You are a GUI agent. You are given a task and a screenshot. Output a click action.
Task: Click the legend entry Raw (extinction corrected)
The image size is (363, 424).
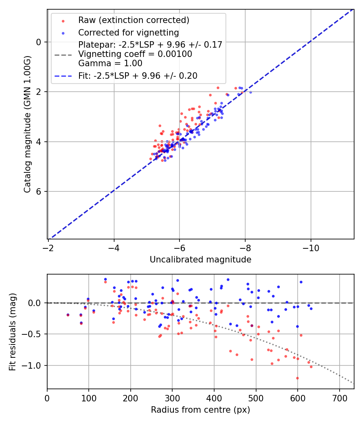(x=134, y=20)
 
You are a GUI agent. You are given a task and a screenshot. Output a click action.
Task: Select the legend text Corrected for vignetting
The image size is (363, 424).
(x=128, y=32)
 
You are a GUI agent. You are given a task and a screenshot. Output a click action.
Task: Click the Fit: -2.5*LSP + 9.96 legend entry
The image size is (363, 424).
(x=138, y=76)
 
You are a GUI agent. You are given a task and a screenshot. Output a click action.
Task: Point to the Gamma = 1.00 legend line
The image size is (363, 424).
(x=110, y=63)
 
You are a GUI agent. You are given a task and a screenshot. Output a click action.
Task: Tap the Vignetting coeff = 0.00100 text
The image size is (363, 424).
(x=135, y=54)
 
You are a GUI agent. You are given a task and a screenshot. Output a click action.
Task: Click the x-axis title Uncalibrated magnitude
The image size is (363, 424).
(x=200, y=260)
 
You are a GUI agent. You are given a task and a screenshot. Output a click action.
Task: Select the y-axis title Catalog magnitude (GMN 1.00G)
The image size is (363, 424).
(x=27, y=124)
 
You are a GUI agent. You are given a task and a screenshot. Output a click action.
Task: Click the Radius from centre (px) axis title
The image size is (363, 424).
(x=200, y=410)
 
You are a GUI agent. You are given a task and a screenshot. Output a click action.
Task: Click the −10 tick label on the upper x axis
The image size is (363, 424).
(x=311, y=248)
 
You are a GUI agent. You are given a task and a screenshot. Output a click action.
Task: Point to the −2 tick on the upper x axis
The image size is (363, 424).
(x=48, y=248)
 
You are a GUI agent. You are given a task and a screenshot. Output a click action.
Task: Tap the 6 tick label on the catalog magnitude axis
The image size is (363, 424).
(x=39, y=191)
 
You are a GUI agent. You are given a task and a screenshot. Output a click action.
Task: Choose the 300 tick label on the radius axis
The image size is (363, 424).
(x=172, y=398)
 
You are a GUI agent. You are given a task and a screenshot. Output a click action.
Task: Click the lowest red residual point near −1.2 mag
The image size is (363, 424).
(x=298, y=378)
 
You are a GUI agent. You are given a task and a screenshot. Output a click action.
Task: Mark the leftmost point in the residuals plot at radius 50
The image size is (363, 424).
(x=68, y=315)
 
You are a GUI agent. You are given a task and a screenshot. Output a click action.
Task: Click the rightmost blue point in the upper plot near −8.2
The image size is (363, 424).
(x=250, y=92)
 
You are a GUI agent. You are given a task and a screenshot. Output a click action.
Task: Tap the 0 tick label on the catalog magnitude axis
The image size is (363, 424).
(x=39, y=42)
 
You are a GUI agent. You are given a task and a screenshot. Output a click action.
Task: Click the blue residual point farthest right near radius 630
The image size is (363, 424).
(x=311, y=309)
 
